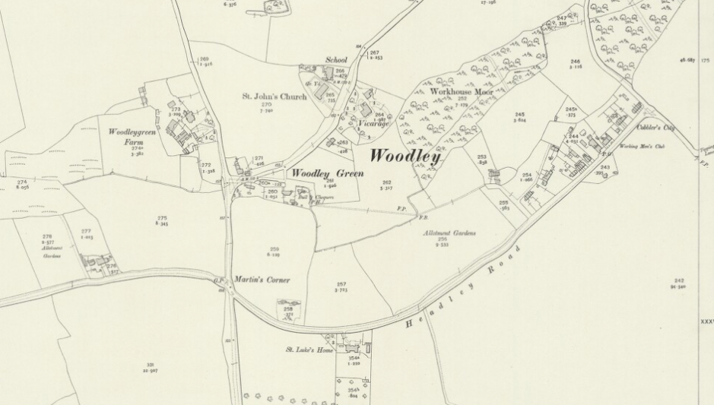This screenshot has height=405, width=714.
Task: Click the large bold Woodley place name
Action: click(x=405, y=157)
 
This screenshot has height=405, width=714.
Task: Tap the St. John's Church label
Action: click(x=274, y=97)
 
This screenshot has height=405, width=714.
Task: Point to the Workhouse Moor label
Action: click(x=462, y=92)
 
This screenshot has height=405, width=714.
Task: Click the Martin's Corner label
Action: click(x=262, y=280)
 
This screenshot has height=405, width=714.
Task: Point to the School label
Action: click(x=336, y=60)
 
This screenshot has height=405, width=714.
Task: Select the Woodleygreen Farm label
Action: click(x=125, y=136)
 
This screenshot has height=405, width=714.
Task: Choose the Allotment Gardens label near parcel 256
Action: click(x=449, y=233)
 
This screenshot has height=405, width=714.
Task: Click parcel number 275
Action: click(x=161, y=218)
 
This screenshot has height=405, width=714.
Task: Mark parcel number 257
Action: click(x=341, y=284)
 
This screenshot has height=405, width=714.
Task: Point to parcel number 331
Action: click(x=149, y=365)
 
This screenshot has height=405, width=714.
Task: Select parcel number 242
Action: click(x=678, y=280)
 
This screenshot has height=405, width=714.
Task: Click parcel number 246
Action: click(x=575, y=62)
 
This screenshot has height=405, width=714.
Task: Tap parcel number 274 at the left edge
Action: click(x=21, y=182)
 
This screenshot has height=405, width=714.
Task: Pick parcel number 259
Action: click(x=274, y=248)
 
